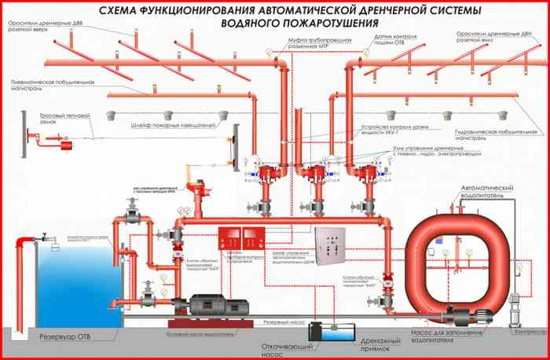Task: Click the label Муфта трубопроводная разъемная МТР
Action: tap(302, 44)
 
